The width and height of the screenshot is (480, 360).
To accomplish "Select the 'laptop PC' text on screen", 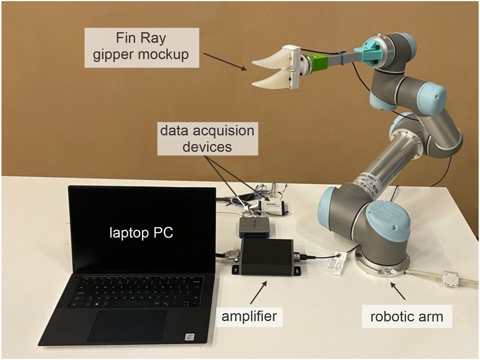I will tap(142, 234).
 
